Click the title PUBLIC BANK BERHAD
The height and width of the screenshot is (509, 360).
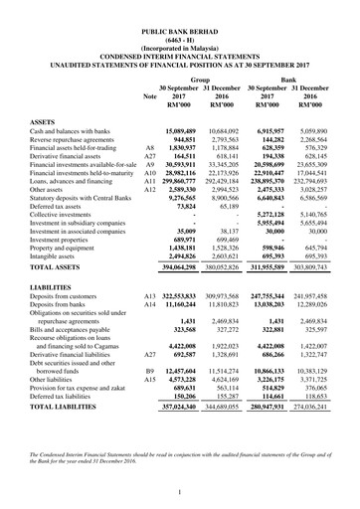click(x=180, y=33)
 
